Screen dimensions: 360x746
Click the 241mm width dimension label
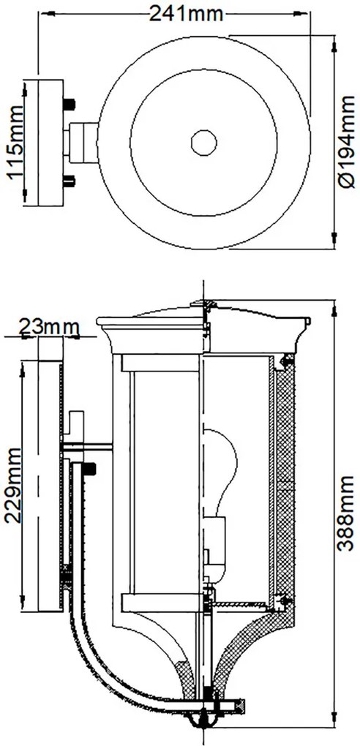(187, 14)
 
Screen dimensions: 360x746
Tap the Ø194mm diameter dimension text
(346, 142)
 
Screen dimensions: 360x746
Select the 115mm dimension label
(15, 142)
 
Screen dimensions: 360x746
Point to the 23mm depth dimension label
(48, 327)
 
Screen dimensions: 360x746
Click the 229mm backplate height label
(13, 485)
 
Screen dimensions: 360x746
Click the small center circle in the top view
(204, 143)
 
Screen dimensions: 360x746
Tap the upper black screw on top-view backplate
(70, 103)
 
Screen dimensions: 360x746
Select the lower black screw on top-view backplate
(70, 181)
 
